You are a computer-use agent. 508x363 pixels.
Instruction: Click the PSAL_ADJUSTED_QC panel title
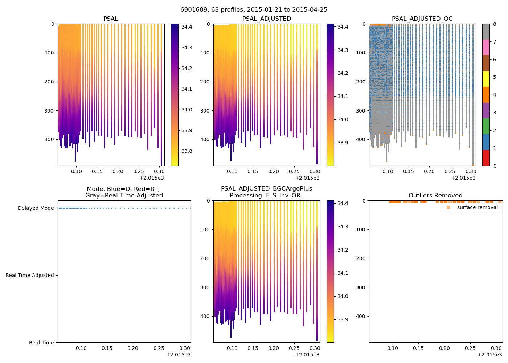pos(422,19)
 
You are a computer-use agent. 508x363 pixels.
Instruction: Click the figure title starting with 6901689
pos(254,10)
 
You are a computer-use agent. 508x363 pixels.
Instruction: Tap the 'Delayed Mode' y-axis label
pos(36,208)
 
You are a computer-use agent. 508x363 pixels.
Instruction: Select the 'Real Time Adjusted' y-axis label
pos(29,276)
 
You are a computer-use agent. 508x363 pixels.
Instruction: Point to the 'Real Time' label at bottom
pos(41,343)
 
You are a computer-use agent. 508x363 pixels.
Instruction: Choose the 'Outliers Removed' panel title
pos(435,196)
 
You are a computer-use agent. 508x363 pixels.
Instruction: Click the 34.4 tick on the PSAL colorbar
pos(187,27)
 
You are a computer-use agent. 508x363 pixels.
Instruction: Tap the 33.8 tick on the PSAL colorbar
pos(187,151)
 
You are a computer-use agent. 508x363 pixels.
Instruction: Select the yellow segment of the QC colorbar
pos(486,79)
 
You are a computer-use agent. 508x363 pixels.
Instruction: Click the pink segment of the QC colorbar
pos(486,47)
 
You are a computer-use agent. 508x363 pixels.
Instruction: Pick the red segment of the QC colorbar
pos(486,158)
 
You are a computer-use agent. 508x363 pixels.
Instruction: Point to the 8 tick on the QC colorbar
pos(494,24)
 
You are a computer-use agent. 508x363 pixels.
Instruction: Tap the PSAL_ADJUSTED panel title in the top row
pos(267,19)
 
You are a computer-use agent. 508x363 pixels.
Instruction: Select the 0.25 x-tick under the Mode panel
pos(159,348)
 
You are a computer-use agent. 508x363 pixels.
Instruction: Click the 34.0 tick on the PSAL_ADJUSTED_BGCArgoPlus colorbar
pos(343,296)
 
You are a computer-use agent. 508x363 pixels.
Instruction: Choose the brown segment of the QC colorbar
pos(486,63)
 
